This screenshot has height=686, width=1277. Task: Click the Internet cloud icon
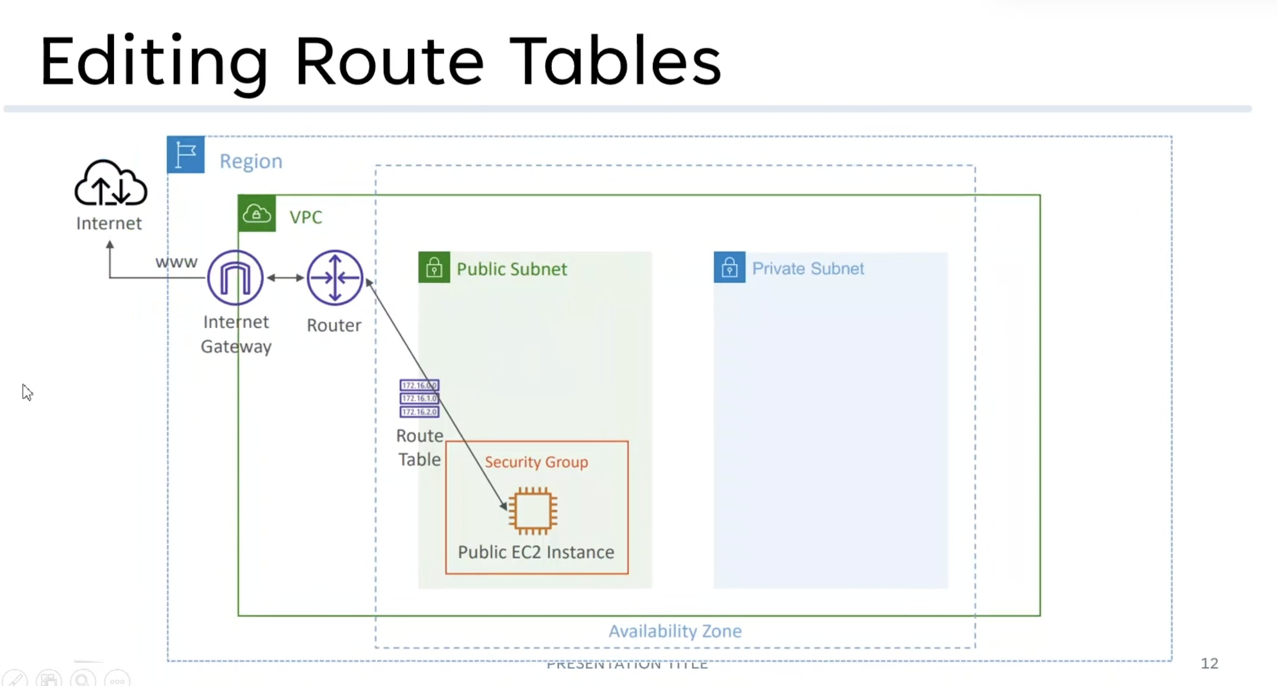click(111, 183)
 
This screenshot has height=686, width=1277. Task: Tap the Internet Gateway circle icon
click(236, 278)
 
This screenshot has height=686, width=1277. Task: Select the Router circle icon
click(335, 278)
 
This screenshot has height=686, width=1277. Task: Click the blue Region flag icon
click(186, 155)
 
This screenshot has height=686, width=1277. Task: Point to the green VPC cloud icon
click(257, 214)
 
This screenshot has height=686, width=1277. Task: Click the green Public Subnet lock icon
click(434, 267)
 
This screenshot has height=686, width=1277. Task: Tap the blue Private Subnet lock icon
click(729, 267)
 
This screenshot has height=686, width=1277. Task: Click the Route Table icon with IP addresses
click(419, 398)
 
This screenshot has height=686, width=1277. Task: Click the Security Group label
click(536, 462)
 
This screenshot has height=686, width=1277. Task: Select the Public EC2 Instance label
click(536, 552)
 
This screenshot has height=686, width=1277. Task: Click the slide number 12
click(1209, 663)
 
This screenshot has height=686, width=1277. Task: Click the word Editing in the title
click(154, 62)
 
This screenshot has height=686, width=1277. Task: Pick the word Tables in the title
click(615, 62)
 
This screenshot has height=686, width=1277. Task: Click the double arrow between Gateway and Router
click(285, 278)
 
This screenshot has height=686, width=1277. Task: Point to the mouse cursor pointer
click(27, 392)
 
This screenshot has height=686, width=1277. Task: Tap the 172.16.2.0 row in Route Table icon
click(419, 412)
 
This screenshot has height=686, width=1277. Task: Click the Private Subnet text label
click(808, 268)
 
